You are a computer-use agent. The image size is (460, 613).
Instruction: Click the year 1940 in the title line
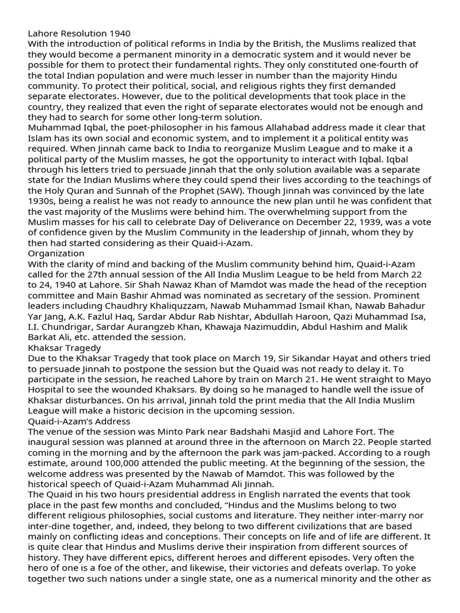[x=119, y=33]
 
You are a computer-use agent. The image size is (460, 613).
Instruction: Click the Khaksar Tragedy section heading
[x=64, y=348]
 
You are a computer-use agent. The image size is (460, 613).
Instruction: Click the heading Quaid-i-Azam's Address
[x=78, y=421]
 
